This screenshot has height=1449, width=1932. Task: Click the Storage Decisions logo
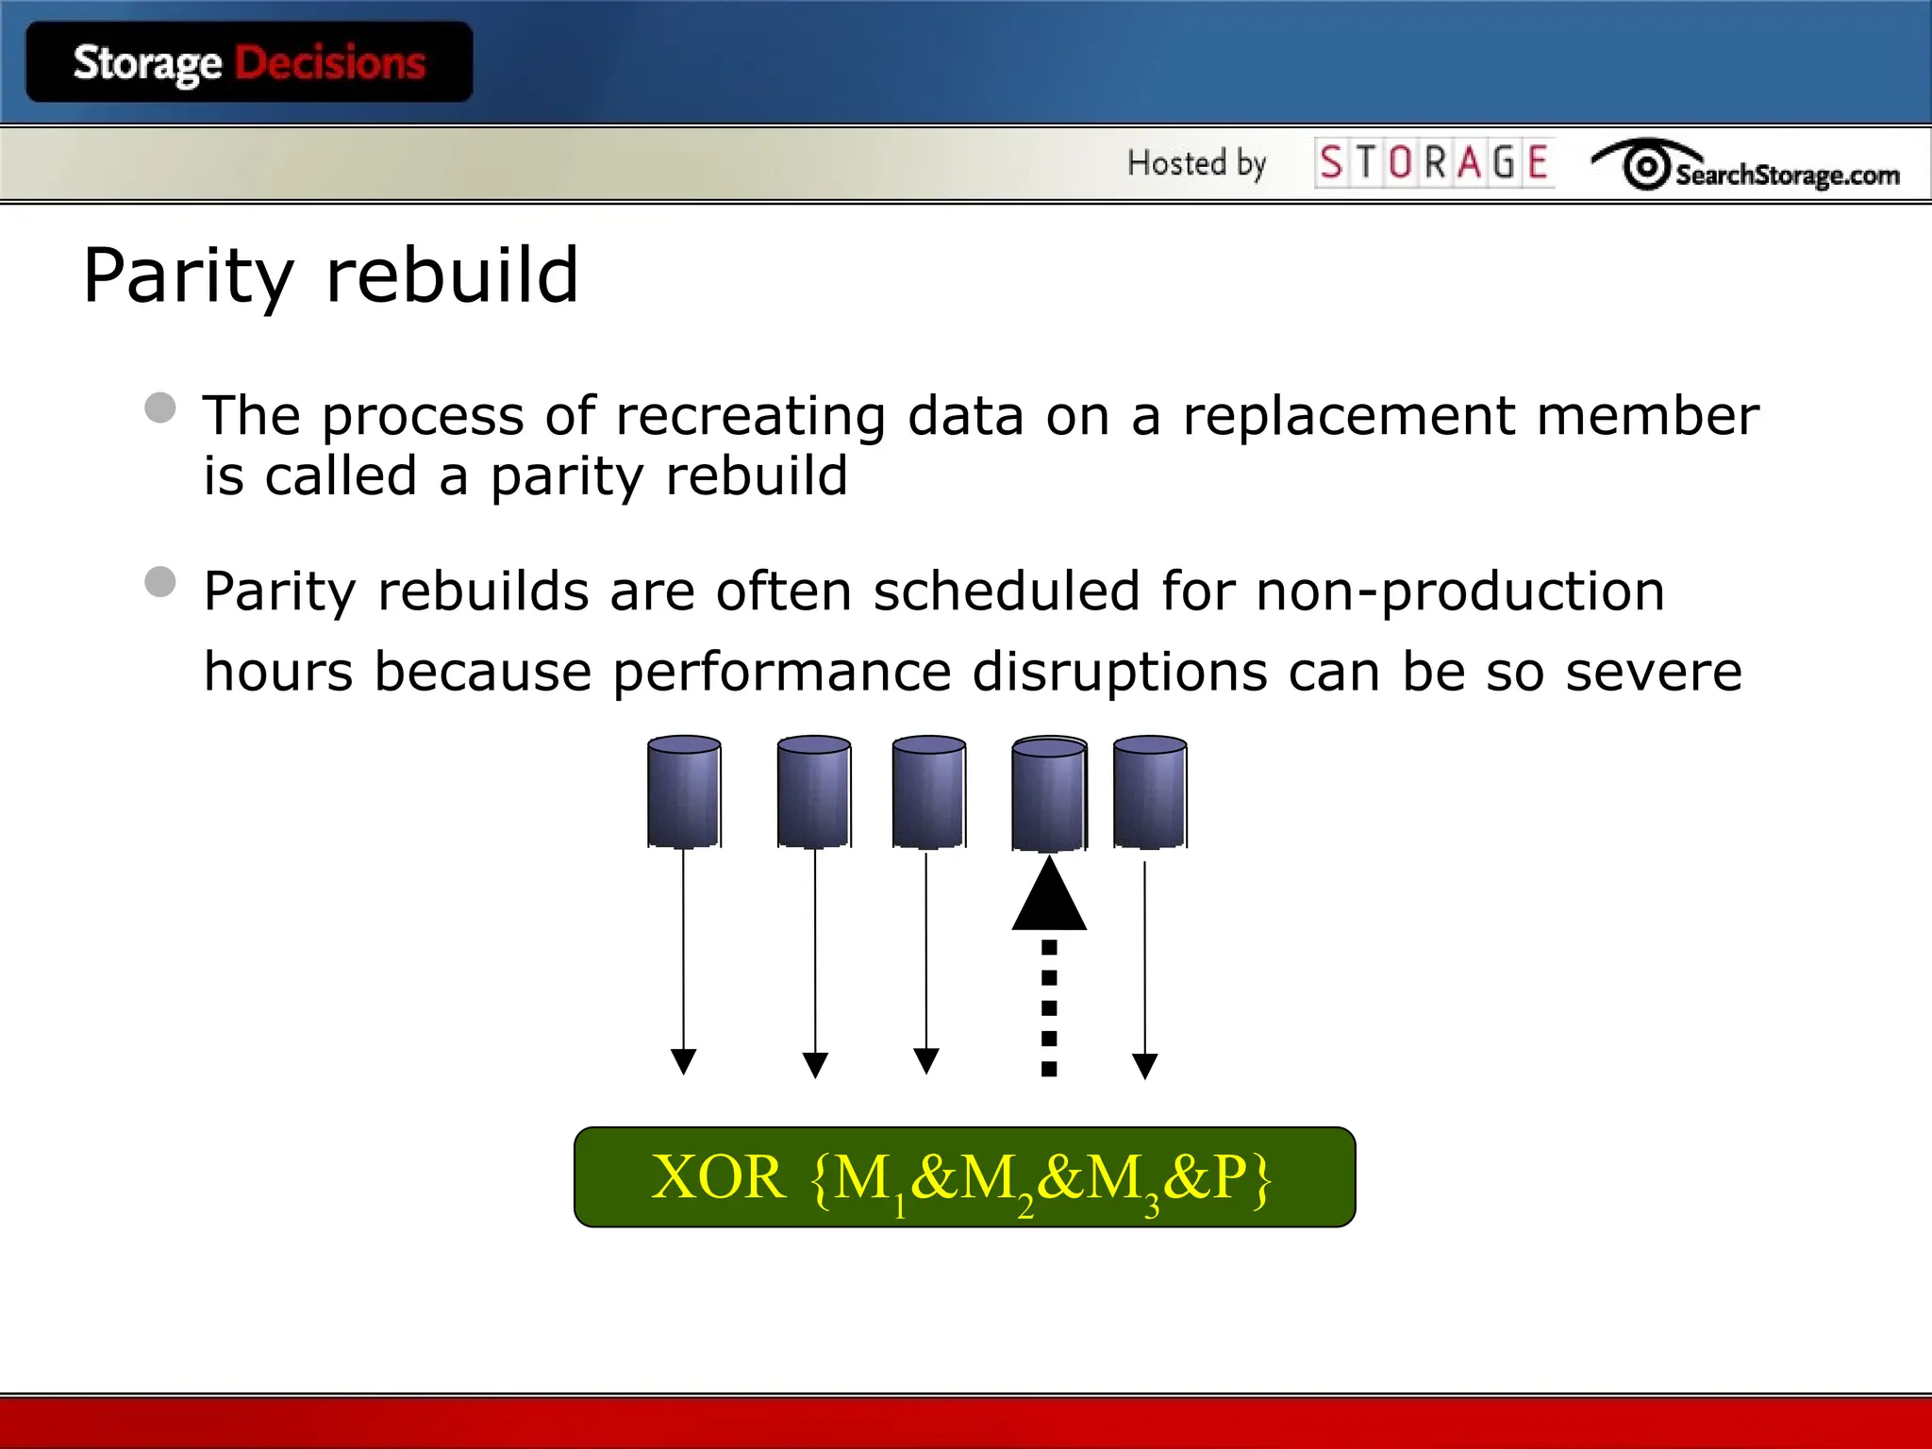249,62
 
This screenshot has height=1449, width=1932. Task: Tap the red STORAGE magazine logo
1434,162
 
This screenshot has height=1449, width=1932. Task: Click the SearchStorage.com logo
1745,166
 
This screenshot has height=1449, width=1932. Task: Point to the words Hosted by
1196,163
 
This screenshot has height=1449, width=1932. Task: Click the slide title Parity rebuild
330,275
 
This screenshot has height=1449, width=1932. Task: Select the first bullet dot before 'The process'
160,408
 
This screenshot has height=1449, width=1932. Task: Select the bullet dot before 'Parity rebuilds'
160,582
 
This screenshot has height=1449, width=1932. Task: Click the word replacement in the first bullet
1349,416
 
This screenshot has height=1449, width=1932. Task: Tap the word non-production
1460,592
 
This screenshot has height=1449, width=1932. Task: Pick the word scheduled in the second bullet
1006,591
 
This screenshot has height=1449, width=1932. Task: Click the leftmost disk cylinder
684,791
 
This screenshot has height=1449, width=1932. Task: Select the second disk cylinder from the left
814,791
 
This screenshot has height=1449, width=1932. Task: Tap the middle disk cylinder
928,791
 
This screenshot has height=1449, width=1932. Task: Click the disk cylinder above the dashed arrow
1049,793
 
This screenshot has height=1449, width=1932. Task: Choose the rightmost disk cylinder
1150,791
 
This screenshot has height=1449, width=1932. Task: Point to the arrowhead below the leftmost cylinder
683,1061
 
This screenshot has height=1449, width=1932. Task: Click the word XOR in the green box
718,1177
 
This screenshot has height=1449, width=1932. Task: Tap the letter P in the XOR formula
1230,1177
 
